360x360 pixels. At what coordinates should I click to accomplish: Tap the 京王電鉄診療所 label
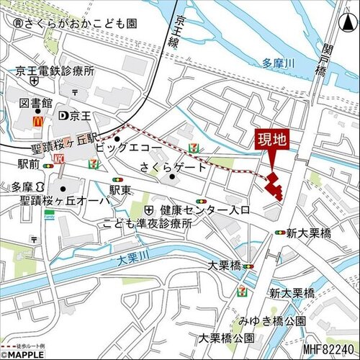pos(55,71)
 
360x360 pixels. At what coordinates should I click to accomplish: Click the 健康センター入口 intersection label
pos(204,210)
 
